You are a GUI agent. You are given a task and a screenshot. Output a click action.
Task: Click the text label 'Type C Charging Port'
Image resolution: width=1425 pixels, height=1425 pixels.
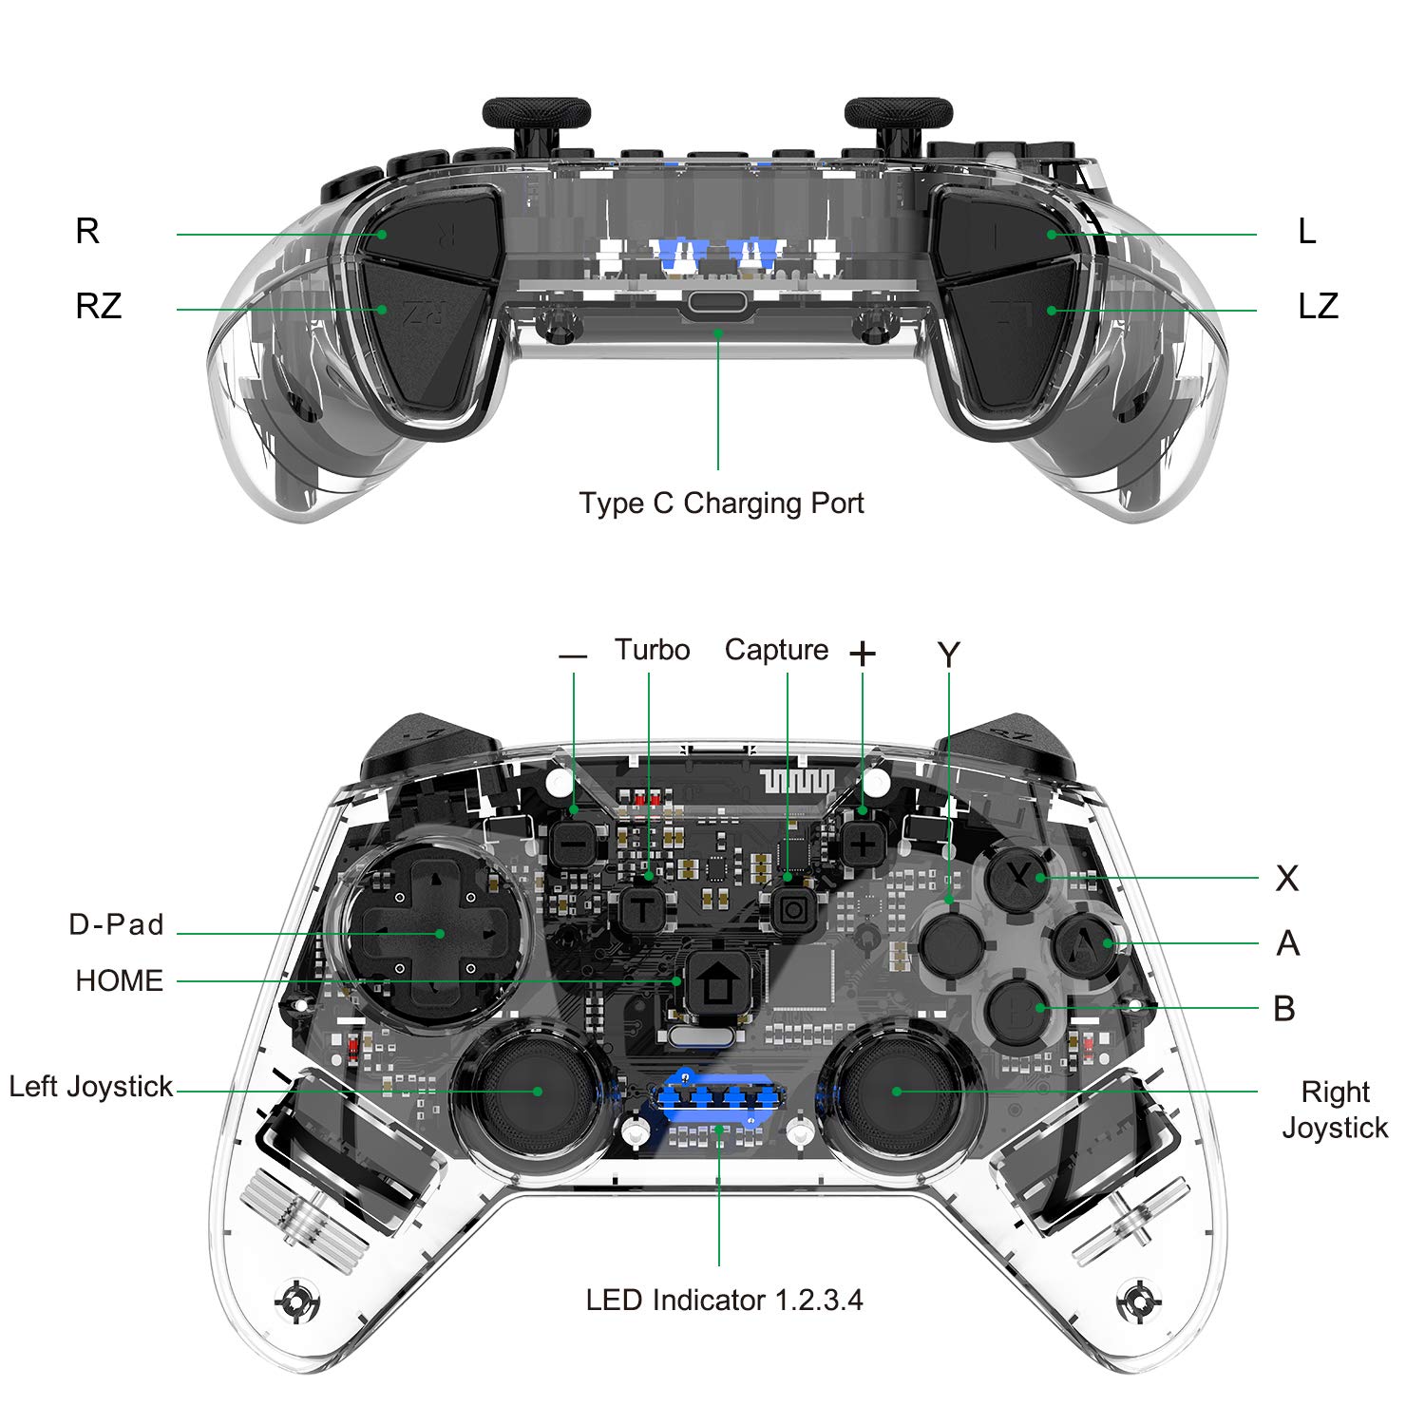721,503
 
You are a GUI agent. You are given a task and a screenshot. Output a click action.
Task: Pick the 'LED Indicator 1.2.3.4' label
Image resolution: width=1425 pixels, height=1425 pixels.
724,1300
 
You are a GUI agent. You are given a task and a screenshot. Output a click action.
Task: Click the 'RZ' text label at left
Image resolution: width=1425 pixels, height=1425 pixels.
99,306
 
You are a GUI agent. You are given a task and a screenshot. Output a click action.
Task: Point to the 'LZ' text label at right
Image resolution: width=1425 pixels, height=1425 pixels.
1318,306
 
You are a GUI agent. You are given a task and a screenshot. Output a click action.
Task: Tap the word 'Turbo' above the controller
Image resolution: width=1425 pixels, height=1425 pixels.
652,650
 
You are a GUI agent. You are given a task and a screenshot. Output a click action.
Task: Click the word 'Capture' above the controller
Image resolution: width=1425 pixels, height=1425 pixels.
776,650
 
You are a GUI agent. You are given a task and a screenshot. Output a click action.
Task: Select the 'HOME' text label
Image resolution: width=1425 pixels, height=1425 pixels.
119,980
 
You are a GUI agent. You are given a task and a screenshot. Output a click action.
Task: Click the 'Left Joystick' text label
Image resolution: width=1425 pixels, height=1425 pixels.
91,1086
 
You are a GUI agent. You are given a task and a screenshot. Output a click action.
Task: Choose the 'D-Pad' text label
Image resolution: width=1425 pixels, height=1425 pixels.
116,924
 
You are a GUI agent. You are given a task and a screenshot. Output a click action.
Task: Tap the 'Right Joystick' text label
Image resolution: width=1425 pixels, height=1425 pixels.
1335,1110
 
